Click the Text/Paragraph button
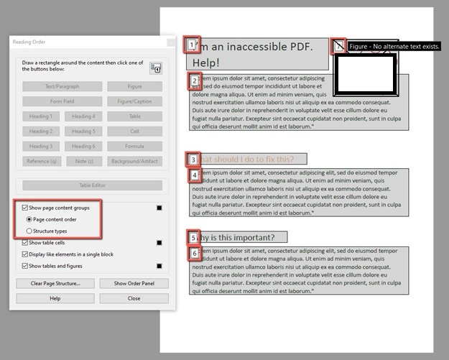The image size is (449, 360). pos(62,86)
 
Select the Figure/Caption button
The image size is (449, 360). pos(134,101)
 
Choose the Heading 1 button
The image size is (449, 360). pos(41,116)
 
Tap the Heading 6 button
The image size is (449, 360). pos(83,147)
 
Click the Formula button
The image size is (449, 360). pos(134,147)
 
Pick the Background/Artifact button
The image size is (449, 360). pos(134,162)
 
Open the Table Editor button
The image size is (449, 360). pos(92,185)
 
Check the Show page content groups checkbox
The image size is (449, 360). pos(26,207)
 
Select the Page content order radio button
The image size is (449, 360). pos(29,219)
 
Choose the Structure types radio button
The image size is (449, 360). pos(29,231)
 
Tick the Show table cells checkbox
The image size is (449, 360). pos(26,243)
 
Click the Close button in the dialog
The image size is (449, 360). pos(134,298)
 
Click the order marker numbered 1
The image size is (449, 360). pos(191,46)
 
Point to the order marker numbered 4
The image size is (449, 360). pos(194,175)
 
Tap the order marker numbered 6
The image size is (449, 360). pos(194,253)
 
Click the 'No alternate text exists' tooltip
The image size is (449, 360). pos(394,47)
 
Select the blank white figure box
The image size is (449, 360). pos(366,74)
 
